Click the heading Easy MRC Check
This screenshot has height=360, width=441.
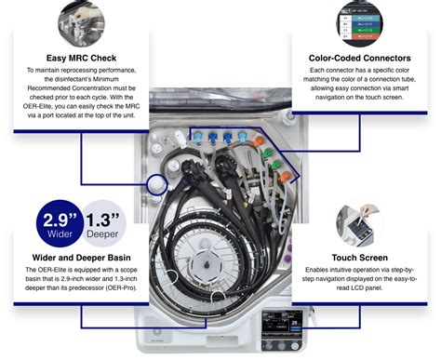[x=81, y=57]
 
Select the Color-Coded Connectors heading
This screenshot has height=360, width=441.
[x=359, y=58]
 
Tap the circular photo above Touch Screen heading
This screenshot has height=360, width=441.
[x=359, y=220]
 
